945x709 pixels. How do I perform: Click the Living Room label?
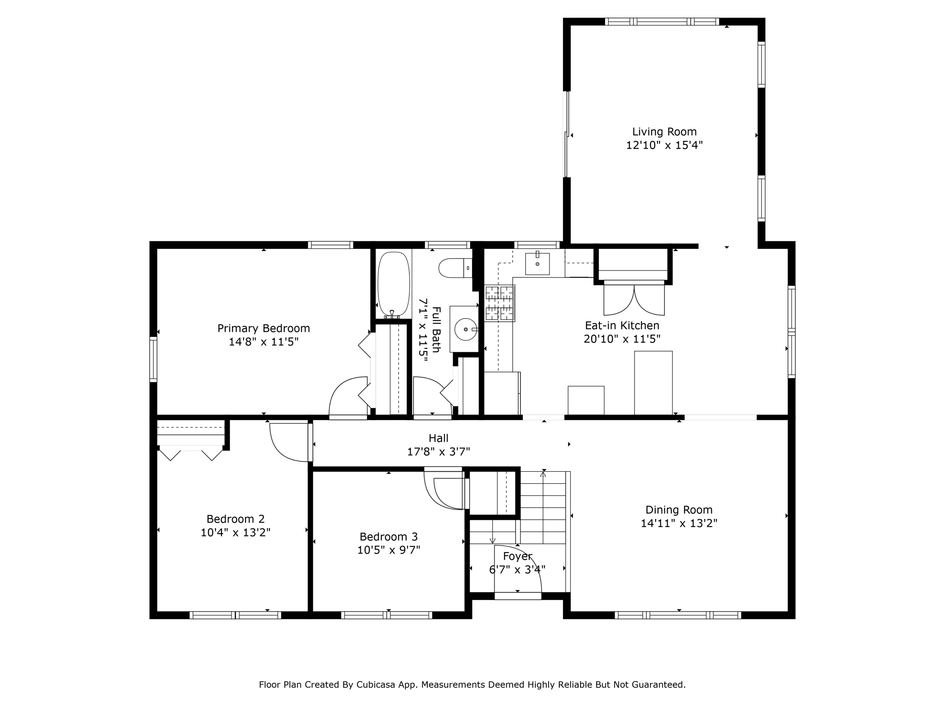tap(664, 132)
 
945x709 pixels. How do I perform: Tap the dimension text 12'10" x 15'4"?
tap(664, 145)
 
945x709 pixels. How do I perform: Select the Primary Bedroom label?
tap(263, 329)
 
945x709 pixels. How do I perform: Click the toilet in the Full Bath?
tap(455, 268)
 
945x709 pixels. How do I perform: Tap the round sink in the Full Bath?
tap(465, 329)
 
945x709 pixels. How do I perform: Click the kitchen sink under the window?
tap(538, 264)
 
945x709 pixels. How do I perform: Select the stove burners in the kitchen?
tap(499, 303)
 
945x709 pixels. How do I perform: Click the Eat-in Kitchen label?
tap(622, 326)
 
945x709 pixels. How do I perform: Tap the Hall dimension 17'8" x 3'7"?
tap(438, 452)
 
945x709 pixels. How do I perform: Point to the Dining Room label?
tap(679, 510)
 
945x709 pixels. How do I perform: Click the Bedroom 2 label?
tap(235, 519)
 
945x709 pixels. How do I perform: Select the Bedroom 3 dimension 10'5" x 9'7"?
tap(389, 550)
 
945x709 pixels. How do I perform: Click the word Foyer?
tap(517, 557)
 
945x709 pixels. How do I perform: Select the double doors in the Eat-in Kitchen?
tap(634, 300)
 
